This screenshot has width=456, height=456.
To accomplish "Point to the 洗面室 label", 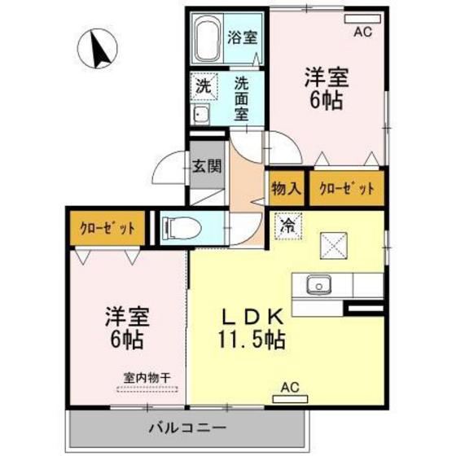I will pos(242,98).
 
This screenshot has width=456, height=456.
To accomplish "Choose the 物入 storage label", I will pos(286,188).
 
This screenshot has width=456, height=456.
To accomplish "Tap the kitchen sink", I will pos(318,285).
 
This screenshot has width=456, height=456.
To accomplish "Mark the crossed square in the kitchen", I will pos(331,243).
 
